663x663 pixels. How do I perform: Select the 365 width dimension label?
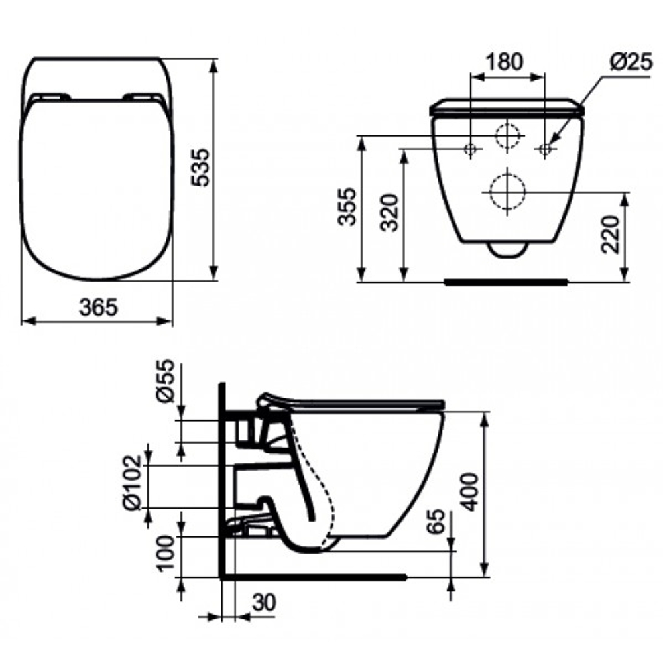tap(99, 308)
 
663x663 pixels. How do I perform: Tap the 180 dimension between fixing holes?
tap(505, 62)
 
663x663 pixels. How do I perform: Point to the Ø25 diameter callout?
tap(631, 62)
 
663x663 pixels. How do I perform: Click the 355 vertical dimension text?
tap(349, 207)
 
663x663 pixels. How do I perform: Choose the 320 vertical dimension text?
tap(389, 213)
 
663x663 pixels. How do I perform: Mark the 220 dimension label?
tap(610, 234)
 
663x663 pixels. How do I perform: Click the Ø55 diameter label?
tap(165, 381)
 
